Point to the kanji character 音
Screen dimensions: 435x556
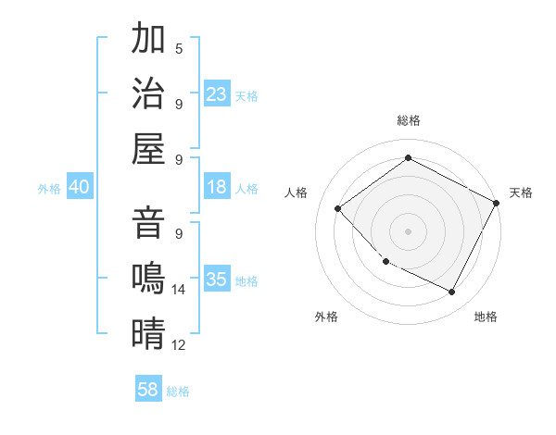(x=148, y=225)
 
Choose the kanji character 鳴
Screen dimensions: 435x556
(x=148, y=278)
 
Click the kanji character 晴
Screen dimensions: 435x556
(x=148, y=331)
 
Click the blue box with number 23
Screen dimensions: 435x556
(x=217, y=93)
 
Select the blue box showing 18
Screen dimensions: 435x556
(x=217, y=187)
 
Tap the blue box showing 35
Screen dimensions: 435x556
(x=217, y=280)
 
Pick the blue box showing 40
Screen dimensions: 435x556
(x=79, y=187)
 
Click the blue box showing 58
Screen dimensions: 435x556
(x=148, y=390)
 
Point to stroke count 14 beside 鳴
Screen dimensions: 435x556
(x=179, y=290)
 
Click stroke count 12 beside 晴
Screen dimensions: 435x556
(x=179, y=345)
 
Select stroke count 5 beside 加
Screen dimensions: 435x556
(x=179, y=48)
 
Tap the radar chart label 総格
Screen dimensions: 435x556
(x=408, y=120)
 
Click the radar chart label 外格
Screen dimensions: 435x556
(x=326, y=317)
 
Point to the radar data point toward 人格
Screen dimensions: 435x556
(x=338, y=208)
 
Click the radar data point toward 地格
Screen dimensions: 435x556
(x=452, y=292)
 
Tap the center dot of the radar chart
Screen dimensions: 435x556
(x=408, y=230)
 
